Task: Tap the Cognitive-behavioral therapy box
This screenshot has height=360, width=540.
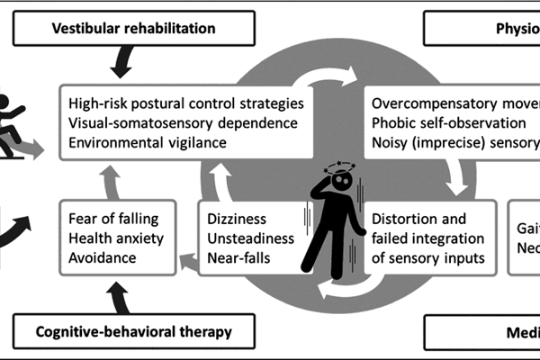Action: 134,331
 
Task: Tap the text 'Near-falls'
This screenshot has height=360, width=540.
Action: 237,256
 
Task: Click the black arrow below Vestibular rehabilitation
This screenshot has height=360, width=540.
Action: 121,61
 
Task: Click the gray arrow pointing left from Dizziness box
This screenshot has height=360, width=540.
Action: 187,237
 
